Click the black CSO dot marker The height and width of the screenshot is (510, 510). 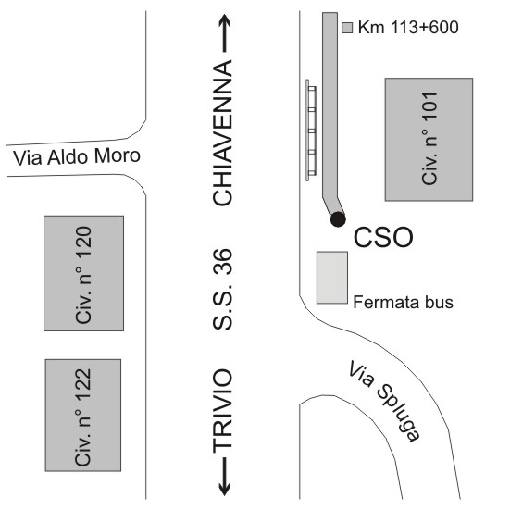coord(338,219)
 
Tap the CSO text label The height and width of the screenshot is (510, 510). coord(383,238)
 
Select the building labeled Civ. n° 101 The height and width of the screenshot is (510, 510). coord(429,139)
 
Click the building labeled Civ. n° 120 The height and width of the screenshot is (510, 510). coord(83,273)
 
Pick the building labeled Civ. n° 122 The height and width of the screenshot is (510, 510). coord(83,415)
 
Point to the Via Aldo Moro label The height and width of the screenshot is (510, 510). coord(77,156)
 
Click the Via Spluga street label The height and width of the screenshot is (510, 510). coord(384,401)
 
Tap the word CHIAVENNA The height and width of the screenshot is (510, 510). coord(223,132)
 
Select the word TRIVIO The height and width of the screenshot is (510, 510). coord(223,410)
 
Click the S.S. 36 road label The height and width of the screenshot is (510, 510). coord(223,289)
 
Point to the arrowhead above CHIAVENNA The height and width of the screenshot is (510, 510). coord(224,20)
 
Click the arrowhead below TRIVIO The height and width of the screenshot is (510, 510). coord(224,489)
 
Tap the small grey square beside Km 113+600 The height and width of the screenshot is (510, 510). coord(347,28)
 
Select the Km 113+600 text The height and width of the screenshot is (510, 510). coord(408,28)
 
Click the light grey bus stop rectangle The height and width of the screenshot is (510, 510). coord(332,278)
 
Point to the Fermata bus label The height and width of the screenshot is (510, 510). coord(403,302)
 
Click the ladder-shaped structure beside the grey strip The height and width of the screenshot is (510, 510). coord(311,131)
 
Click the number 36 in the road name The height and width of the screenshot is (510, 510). coord(223,261)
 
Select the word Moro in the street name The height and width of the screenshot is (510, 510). coord(118,155)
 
